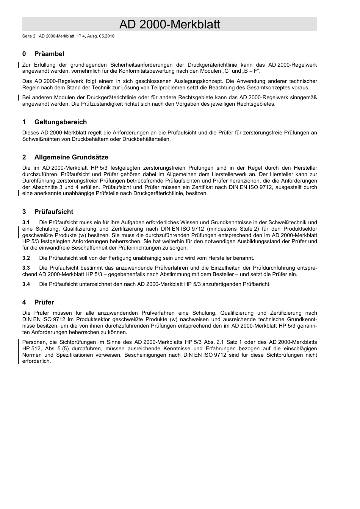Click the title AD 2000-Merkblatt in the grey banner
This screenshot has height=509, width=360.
click(169, 24)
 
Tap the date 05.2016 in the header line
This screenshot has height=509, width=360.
click(107, 36)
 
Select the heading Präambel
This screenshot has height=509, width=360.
click(49, 54)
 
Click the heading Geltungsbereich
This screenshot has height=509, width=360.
click(60, 122)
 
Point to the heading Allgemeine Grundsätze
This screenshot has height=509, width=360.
click(71, 157)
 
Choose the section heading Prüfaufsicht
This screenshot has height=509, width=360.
click(53, 212)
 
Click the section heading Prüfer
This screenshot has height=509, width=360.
click(44, 302)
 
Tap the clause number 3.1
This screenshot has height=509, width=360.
click(26, 222)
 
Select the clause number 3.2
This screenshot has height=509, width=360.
click(26, 258)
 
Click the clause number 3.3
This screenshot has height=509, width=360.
click(26, 268)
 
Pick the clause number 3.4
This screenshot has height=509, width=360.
click(26, 284)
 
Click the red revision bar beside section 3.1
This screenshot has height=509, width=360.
click(19, 232)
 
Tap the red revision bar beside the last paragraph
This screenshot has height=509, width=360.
click(19, 351)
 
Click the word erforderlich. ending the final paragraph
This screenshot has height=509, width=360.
click(36, 361)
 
